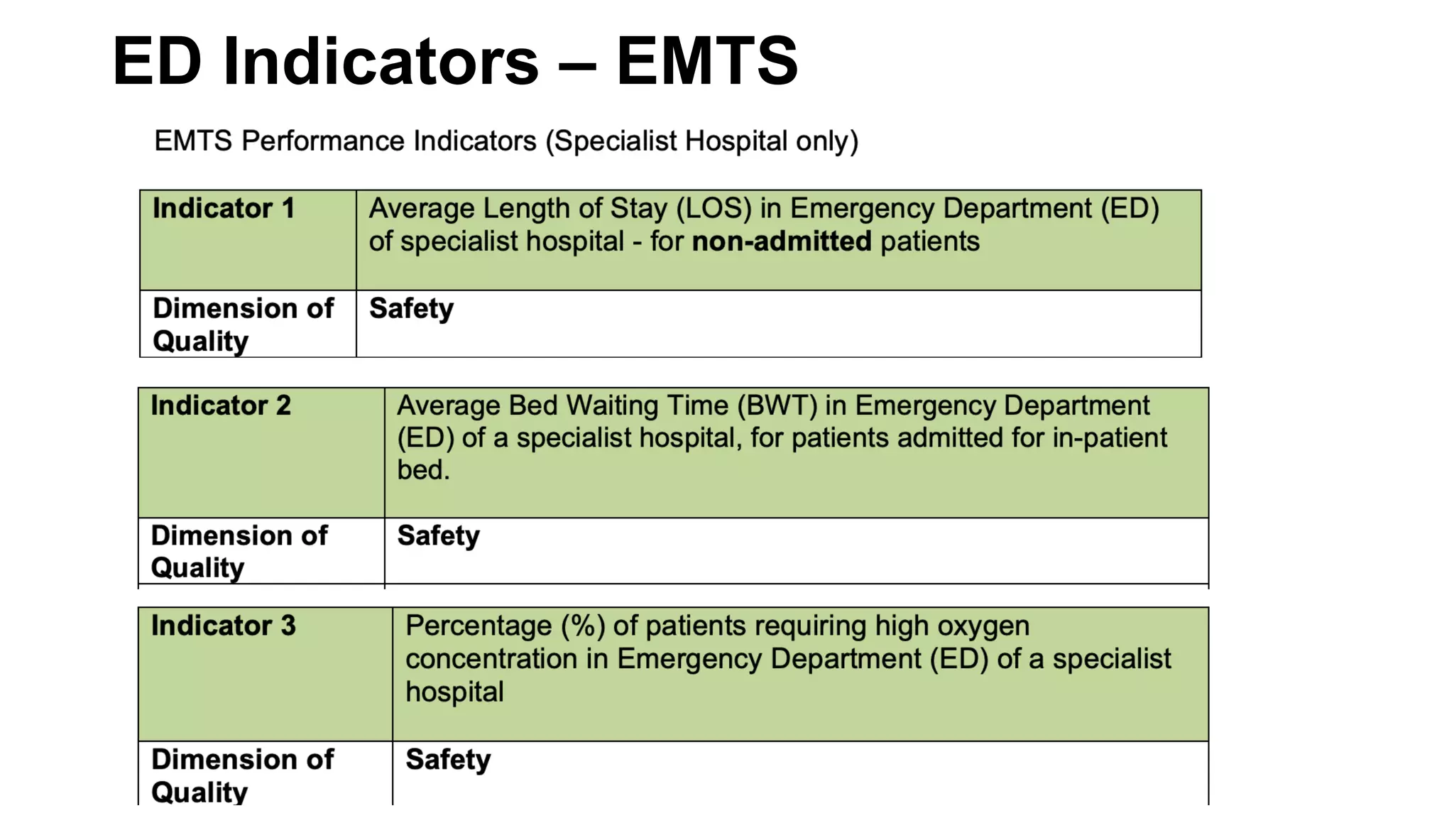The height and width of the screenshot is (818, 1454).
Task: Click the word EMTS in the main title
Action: click(707, 62)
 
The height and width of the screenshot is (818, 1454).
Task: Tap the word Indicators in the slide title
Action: click(381, 62)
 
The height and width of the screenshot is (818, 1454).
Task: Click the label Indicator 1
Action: click(223, 209)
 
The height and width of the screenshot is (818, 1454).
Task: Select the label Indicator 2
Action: click(221, 405)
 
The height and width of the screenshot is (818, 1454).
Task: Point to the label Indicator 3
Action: click(223, 626)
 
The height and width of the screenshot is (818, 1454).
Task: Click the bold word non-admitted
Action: click(781, 241)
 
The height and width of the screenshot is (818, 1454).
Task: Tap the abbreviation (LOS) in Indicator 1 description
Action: click(714, 209)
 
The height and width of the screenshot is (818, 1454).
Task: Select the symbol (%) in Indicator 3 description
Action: click(583, 626)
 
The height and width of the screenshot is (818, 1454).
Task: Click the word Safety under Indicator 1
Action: click(411, 308)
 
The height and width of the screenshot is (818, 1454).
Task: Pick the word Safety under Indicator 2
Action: click(438, 535)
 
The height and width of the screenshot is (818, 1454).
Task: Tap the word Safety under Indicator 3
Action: click(448, 759)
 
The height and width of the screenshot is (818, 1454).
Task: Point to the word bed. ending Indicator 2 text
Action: click(423, 470)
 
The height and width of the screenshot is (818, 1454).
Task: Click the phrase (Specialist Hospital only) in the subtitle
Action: click(701, 141)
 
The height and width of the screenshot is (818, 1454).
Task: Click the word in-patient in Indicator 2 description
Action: click(1110, 438)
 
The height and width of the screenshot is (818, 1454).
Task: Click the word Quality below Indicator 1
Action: click(201, 342)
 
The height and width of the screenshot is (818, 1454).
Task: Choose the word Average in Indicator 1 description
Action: click(422, 209)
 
